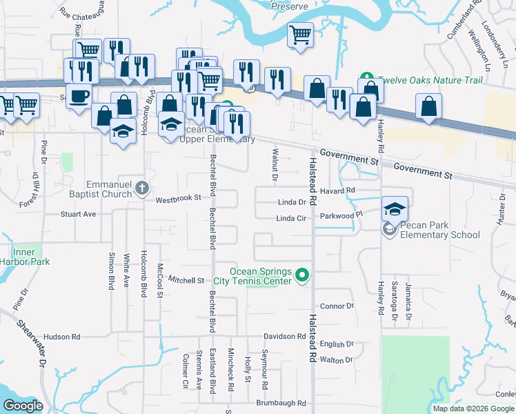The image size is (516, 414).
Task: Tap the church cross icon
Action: [x=141, y=188]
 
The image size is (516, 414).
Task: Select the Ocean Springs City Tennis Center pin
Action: [x=301, y=277]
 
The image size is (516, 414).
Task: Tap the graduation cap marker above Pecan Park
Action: [x=395, y=209]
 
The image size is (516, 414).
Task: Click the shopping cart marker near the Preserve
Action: [x=300, y=34]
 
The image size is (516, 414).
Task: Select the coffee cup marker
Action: [x=79, y=95]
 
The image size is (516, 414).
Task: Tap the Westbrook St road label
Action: [x=177, y=198]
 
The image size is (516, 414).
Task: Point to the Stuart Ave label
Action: [x=78, y=215]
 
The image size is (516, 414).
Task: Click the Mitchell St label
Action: [x=187, y=281]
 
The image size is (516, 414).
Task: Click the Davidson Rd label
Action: [x=286, y=337]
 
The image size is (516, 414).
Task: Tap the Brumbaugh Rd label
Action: [x=281, y=403]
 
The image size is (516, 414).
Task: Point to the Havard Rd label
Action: [x=337, y=190]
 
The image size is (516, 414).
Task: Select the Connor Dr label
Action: [x=337, y=306]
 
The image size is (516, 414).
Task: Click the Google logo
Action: [x=23, y=406]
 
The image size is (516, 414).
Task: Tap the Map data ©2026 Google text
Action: [x=473, y=408]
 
